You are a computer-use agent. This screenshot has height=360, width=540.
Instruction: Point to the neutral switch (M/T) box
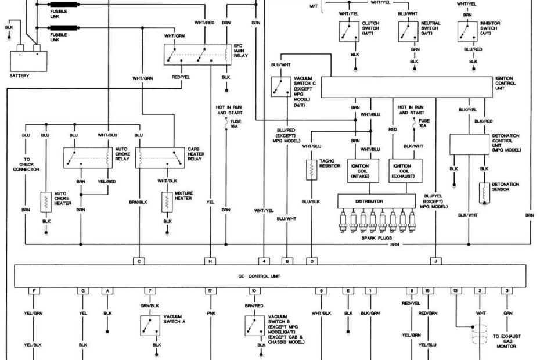pos(408,31)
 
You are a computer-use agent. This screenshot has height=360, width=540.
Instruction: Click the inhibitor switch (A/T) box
pos(467,31)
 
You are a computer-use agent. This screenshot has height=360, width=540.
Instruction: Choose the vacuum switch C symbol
pos(281,86)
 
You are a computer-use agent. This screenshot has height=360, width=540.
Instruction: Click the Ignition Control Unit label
pos(505,82)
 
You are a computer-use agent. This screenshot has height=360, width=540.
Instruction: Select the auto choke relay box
pos(88,157)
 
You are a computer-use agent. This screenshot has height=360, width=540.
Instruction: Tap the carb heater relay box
pos(160,157)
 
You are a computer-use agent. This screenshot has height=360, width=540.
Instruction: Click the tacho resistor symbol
pos(312,170)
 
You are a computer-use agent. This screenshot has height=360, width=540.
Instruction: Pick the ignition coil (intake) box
pos(363,170)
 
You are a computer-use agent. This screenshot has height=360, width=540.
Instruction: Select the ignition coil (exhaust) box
pos(406,170)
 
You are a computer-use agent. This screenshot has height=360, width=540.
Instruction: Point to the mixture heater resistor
pos(167,201)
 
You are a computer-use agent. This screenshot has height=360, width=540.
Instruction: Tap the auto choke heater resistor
pos(46,201)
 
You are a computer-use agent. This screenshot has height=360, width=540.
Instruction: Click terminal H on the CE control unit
pos(210,261)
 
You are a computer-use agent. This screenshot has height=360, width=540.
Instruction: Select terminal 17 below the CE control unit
pos(210,290)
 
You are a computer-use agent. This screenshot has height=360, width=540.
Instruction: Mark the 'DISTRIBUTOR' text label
pos(369,201)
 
